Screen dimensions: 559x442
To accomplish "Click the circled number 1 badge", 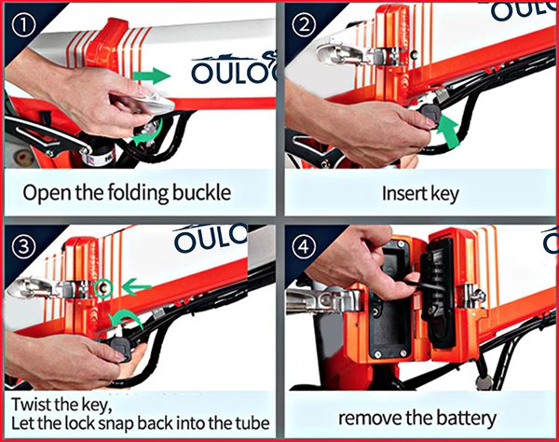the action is click(23, 25).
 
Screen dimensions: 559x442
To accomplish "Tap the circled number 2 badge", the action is click(304, 25).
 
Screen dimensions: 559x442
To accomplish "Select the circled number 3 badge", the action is click(23, 247).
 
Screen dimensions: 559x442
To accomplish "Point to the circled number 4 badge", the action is click(304, 247).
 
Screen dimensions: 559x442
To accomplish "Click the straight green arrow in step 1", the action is click(151, 76).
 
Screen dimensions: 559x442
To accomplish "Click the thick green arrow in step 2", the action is click(448, 132).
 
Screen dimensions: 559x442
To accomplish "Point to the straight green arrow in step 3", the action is click(136, 287).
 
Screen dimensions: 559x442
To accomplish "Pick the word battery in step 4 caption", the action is click(467, 419).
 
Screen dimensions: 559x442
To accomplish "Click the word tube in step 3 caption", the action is click(252, 423).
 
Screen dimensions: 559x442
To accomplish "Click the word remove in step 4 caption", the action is click(370, 419).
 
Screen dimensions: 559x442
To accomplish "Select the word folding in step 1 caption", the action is click(138, 193).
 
